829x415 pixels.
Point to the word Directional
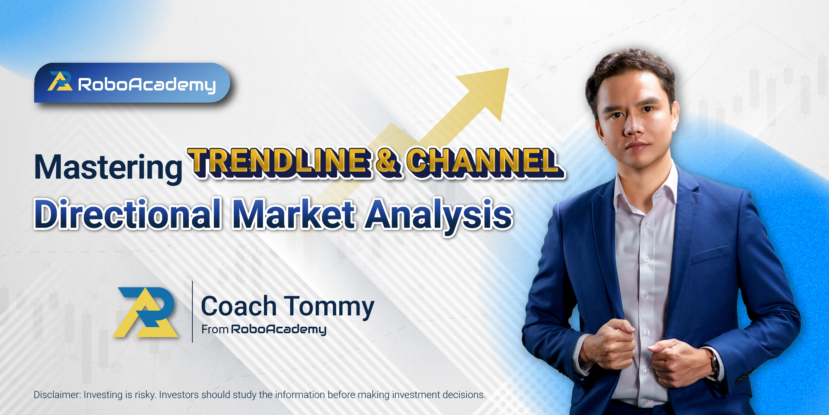(128, 214)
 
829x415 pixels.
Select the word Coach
(239, 306)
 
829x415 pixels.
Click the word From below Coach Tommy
(215, 329)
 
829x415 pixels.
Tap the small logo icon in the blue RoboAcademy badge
(60, 81)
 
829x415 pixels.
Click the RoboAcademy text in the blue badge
(147, 85)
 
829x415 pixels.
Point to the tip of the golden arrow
(509, 68)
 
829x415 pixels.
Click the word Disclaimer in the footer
(57, 395)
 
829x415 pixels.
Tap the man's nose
(633, 126)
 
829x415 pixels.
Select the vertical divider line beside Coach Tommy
(192, 311)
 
